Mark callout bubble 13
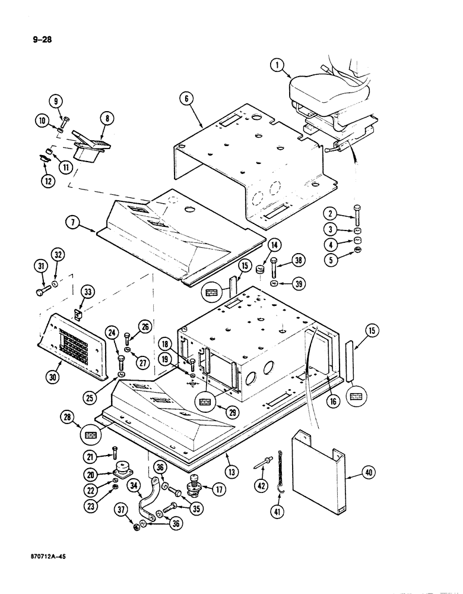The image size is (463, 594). tap(233, 472)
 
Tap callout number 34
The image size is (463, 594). tap(135, 486)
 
